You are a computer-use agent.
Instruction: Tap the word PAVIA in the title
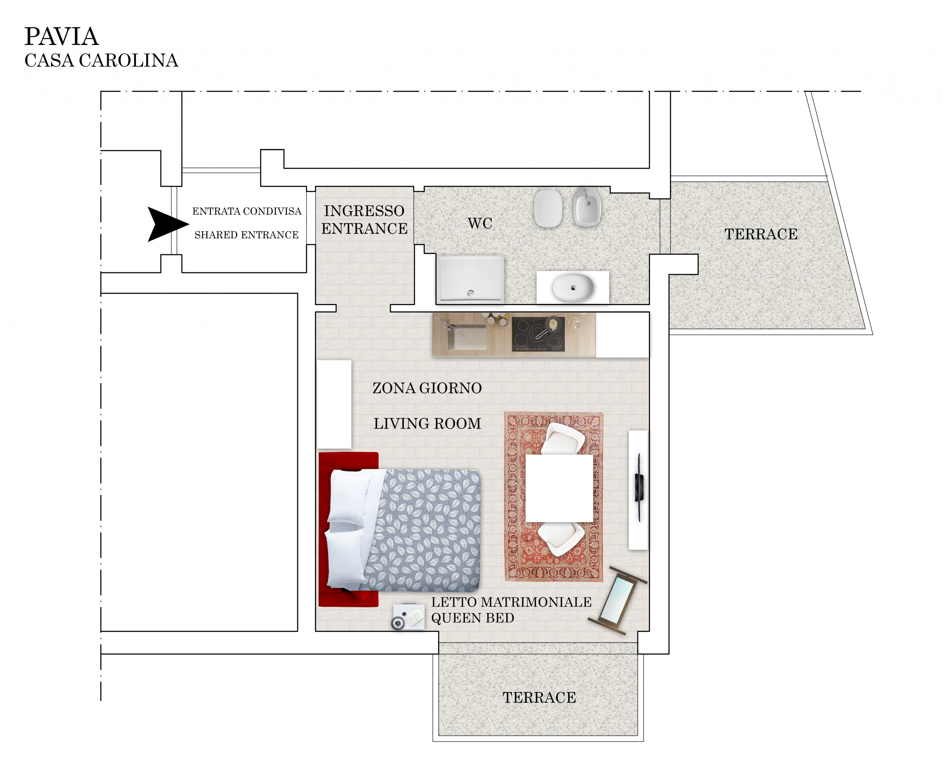(x=61, y=36)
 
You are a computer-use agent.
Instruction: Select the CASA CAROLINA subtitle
(x=101, y=60)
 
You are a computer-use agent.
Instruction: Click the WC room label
(x=480, y=223)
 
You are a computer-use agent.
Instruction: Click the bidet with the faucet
(x=587, y=207)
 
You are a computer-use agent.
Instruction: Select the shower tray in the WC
(x=470, y=278)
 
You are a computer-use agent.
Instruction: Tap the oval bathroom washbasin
(x=572, y=288)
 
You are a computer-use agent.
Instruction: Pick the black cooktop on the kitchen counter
(x=538, y=334)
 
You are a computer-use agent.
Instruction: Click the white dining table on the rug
(x=559, y=488)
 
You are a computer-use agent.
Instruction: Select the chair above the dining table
(x=563, y=439)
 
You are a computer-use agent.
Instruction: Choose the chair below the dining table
(x=560, y=538)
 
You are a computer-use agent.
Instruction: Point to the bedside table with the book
(x=408, y=616)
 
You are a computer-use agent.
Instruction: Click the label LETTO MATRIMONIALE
(x=511, y=602)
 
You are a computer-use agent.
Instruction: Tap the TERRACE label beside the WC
(x=761, y=234)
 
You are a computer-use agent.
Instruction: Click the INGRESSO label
(x=364, y=211)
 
